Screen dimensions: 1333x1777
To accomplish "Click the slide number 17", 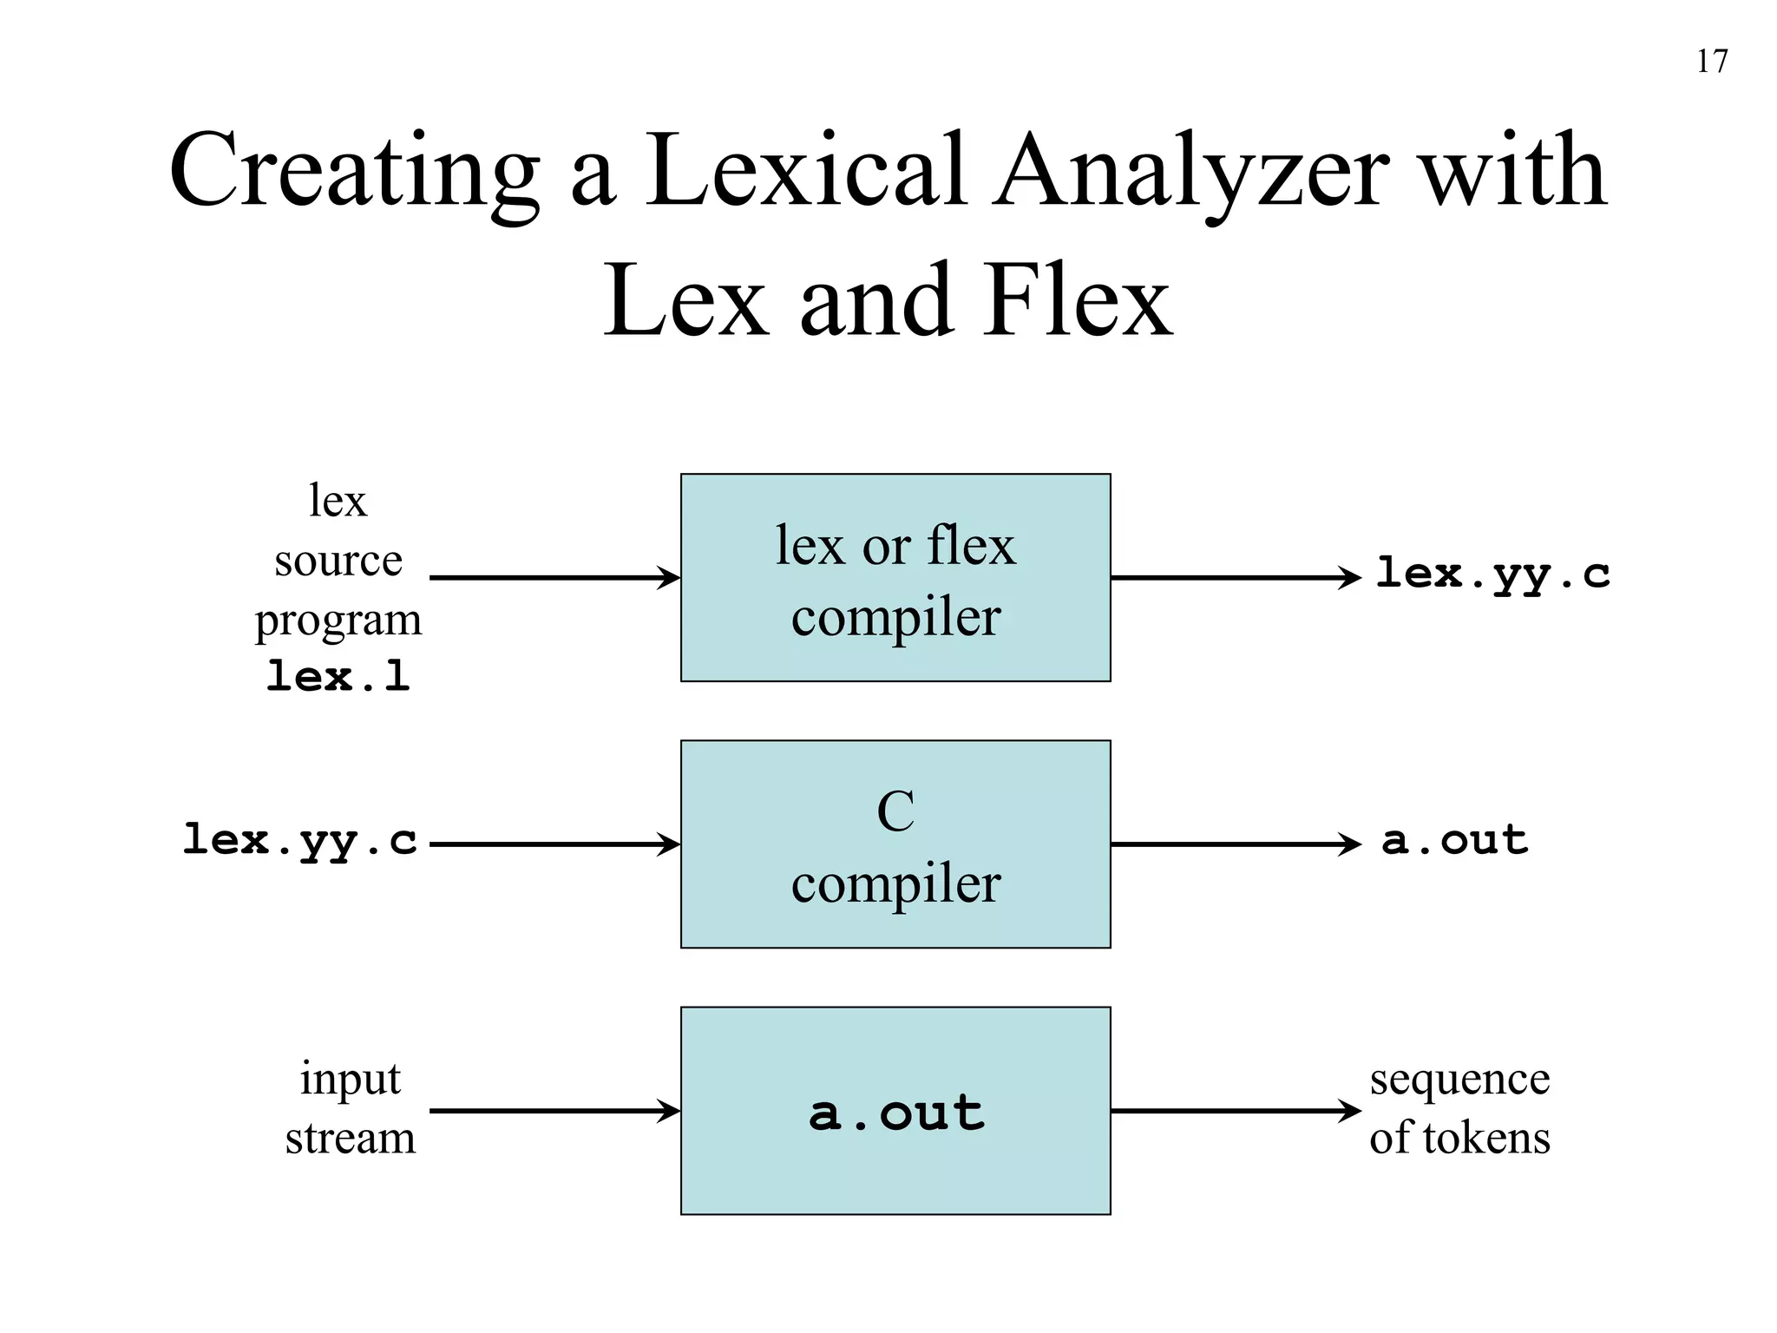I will point(1711,62).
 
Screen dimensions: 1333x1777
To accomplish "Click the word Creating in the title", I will point(352,170).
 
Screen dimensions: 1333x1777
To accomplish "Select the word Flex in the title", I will point(1077,301).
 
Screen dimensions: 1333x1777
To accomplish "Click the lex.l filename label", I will point(338,676).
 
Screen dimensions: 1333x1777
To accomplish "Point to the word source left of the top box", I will point(338,561).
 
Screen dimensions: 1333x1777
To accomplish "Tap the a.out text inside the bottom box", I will point(896,1113).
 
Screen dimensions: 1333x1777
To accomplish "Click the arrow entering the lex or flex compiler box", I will point(555,577).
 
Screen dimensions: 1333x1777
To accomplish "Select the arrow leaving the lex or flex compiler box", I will point(1236,577).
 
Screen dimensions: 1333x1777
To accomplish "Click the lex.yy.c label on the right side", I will point(1492,575).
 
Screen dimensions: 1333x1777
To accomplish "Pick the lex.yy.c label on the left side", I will point(300,840).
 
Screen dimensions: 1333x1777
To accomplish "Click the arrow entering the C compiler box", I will point(555,844).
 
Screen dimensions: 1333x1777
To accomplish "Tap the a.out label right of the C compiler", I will point(1454,840).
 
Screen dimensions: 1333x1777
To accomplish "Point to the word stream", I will point(351,1138).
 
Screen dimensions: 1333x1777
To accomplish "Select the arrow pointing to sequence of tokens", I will point(1236,1110).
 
